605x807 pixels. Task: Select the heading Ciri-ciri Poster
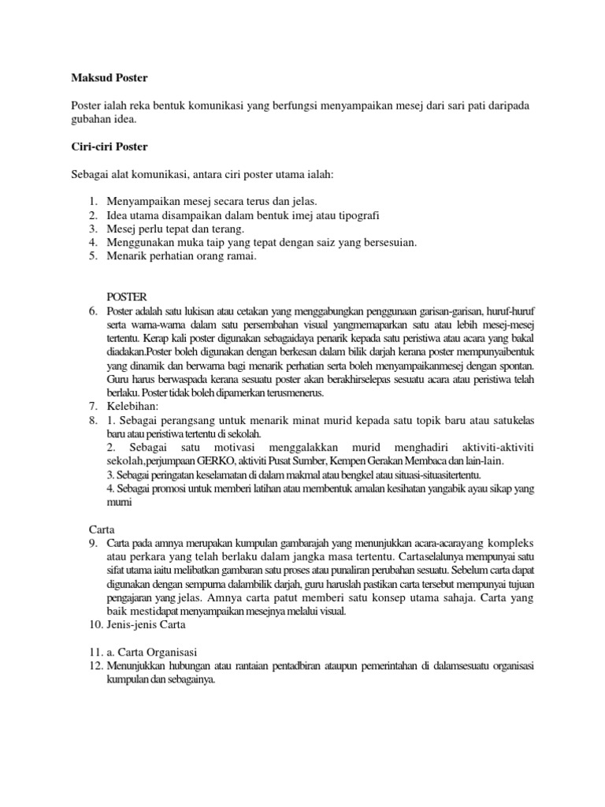[x=109, y=147]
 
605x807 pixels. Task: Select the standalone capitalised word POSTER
[x=126, y=296]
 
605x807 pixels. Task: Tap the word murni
[x=117, y=501]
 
